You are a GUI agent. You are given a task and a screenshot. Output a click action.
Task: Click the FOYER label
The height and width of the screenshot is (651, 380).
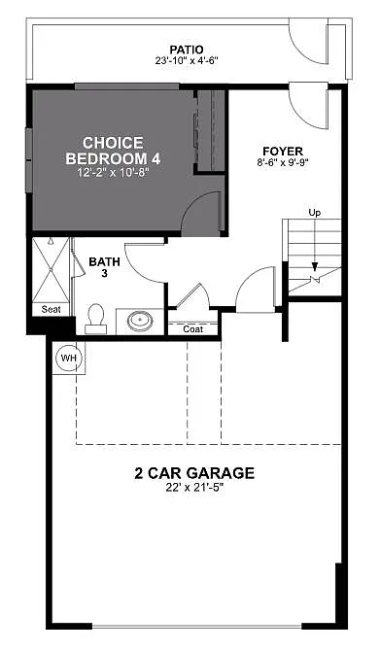283,151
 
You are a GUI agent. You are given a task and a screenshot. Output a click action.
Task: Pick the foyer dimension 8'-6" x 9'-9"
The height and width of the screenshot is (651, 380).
283,164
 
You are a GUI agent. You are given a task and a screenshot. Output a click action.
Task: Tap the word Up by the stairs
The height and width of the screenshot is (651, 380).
314,212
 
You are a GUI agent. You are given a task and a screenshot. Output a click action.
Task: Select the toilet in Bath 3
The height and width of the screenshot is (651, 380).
95,317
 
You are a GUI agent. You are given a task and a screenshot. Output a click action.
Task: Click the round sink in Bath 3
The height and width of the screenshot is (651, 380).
140,319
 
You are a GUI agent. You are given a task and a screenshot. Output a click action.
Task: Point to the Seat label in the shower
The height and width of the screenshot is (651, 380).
52,310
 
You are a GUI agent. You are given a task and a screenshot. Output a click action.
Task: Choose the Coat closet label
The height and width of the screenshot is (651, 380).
193,328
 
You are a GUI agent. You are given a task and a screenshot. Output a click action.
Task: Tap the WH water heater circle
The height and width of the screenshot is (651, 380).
68,358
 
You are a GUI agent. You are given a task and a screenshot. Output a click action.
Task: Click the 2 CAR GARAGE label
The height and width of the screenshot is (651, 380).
194,474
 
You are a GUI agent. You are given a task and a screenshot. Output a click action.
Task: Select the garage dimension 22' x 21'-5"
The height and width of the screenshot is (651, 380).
194,489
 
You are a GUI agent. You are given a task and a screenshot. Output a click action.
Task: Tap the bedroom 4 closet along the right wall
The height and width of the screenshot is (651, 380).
210,131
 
